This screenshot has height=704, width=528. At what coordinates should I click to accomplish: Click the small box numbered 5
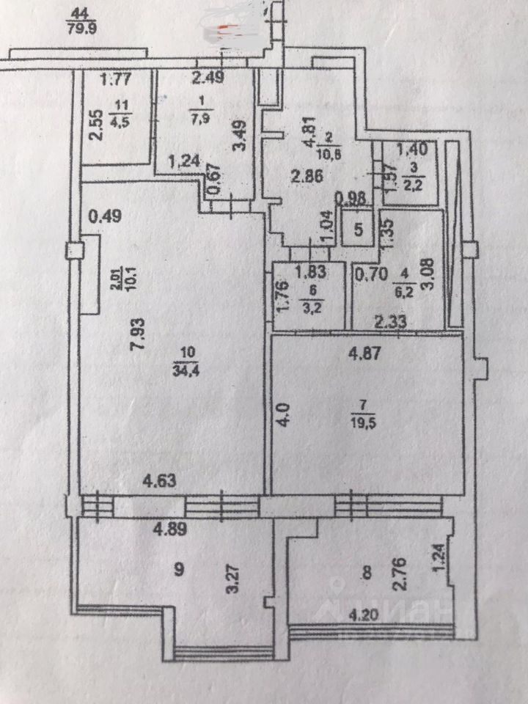click(359, 228)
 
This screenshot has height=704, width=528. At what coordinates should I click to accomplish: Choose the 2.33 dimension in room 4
click(390, 320)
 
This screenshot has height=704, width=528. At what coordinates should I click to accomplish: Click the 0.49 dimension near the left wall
click(103, 216)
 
